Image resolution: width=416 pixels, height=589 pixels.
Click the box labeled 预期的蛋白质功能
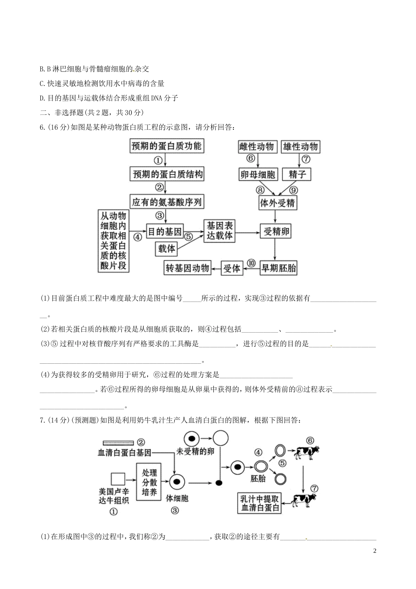166,146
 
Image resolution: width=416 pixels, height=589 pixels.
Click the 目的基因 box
164,231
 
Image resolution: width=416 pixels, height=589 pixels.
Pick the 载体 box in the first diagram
166,249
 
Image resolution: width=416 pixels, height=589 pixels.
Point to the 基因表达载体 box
220,231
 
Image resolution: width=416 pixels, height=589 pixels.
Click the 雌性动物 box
257,146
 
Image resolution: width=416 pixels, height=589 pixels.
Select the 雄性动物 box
300,146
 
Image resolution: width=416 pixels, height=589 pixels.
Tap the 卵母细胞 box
258,174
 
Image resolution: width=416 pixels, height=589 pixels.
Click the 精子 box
297,174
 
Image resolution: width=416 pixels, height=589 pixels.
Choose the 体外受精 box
278,203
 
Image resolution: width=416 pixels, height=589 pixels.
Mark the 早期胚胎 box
279,268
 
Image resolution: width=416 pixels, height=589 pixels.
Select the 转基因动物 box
187,268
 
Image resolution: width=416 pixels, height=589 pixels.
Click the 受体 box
232,268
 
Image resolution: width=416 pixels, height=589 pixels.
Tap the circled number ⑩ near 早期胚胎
251,263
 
